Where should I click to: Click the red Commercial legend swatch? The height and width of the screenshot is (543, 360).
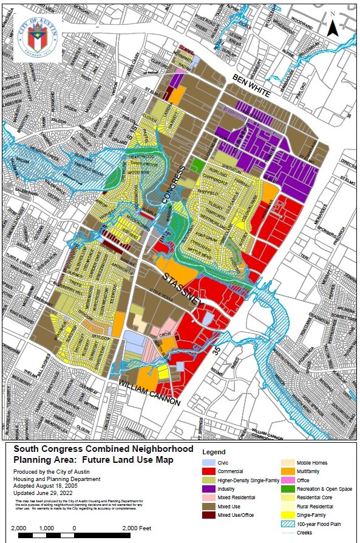coord(209,471)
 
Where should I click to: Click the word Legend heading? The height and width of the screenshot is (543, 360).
coord(214,452)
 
